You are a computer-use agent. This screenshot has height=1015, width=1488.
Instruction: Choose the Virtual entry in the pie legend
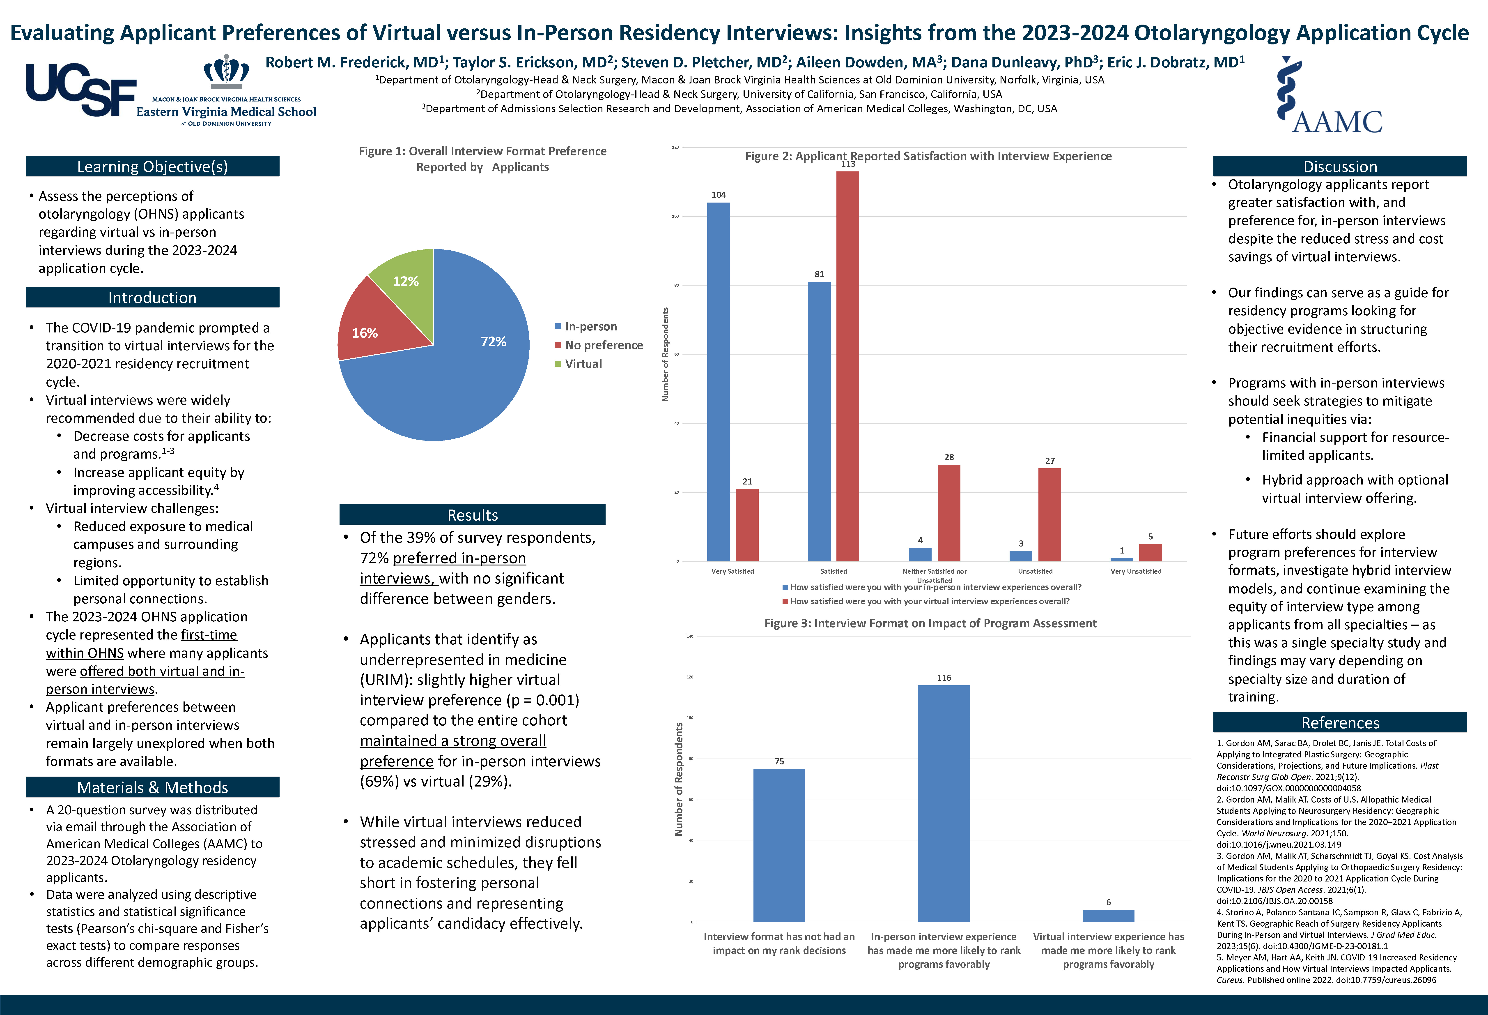pos(583,364)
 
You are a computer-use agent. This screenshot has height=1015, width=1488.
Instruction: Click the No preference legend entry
pos(603,345)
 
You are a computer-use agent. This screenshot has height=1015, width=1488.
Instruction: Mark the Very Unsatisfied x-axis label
pos(1135,571)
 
